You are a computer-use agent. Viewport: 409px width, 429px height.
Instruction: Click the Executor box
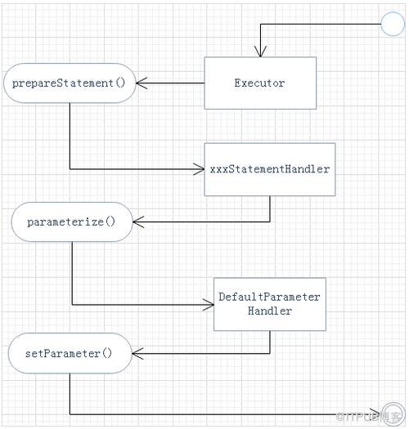(x=260, y=83)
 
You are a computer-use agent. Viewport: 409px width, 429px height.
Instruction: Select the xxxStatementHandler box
(x=270, y=169)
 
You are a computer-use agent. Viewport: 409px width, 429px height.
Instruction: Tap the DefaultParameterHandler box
(x=270, y=304)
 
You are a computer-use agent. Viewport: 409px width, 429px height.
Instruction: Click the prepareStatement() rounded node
(x=70, y=83)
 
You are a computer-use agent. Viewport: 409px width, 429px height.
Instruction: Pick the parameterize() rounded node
(x=72, y=222)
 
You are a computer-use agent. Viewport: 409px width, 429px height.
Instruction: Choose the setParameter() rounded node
(x=70, y=353)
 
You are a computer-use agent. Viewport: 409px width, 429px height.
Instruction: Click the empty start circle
(x=393, y=24)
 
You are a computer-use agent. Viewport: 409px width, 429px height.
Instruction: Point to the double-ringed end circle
(x=393, y=414)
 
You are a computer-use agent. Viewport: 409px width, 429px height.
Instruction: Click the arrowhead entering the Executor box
(x=260, y=52)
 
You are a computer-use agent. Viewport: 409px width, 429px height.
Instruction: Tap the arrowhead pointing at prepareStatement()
(x=142, y=83)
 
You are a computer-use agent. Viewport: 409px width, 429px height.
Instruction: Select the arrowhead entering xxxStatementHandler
(x=199, y=169)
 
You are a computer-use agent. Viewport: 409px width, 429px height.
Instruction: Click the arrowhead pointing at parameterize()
(x=138, y=222)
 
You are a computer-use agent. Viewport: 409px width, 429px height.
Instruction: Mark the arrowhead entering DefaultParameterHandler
(x=209, y=305)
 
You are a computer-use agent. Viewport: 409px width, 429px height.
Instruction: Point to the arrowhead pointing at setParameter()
(x=137, y=354)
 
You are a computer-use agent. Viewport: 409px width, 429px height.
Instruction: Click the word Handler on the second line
(x=270, y=311)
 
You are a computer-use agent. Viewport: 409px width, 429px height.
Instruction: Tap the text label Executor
(x=259, y=83)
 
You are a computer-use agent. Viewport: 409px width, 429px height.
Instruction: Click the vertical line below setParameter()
(x=70, y=394)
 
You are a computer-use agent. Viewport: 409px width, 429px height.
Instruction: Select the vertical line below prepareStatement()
(x=70, y=136)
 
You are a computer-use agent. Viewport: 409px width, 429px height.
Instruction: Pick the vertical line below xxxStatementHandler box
(x=270, y=208)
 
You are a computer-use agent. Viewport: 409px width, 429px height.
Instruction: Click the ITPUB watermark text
(x=368, y=417)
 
